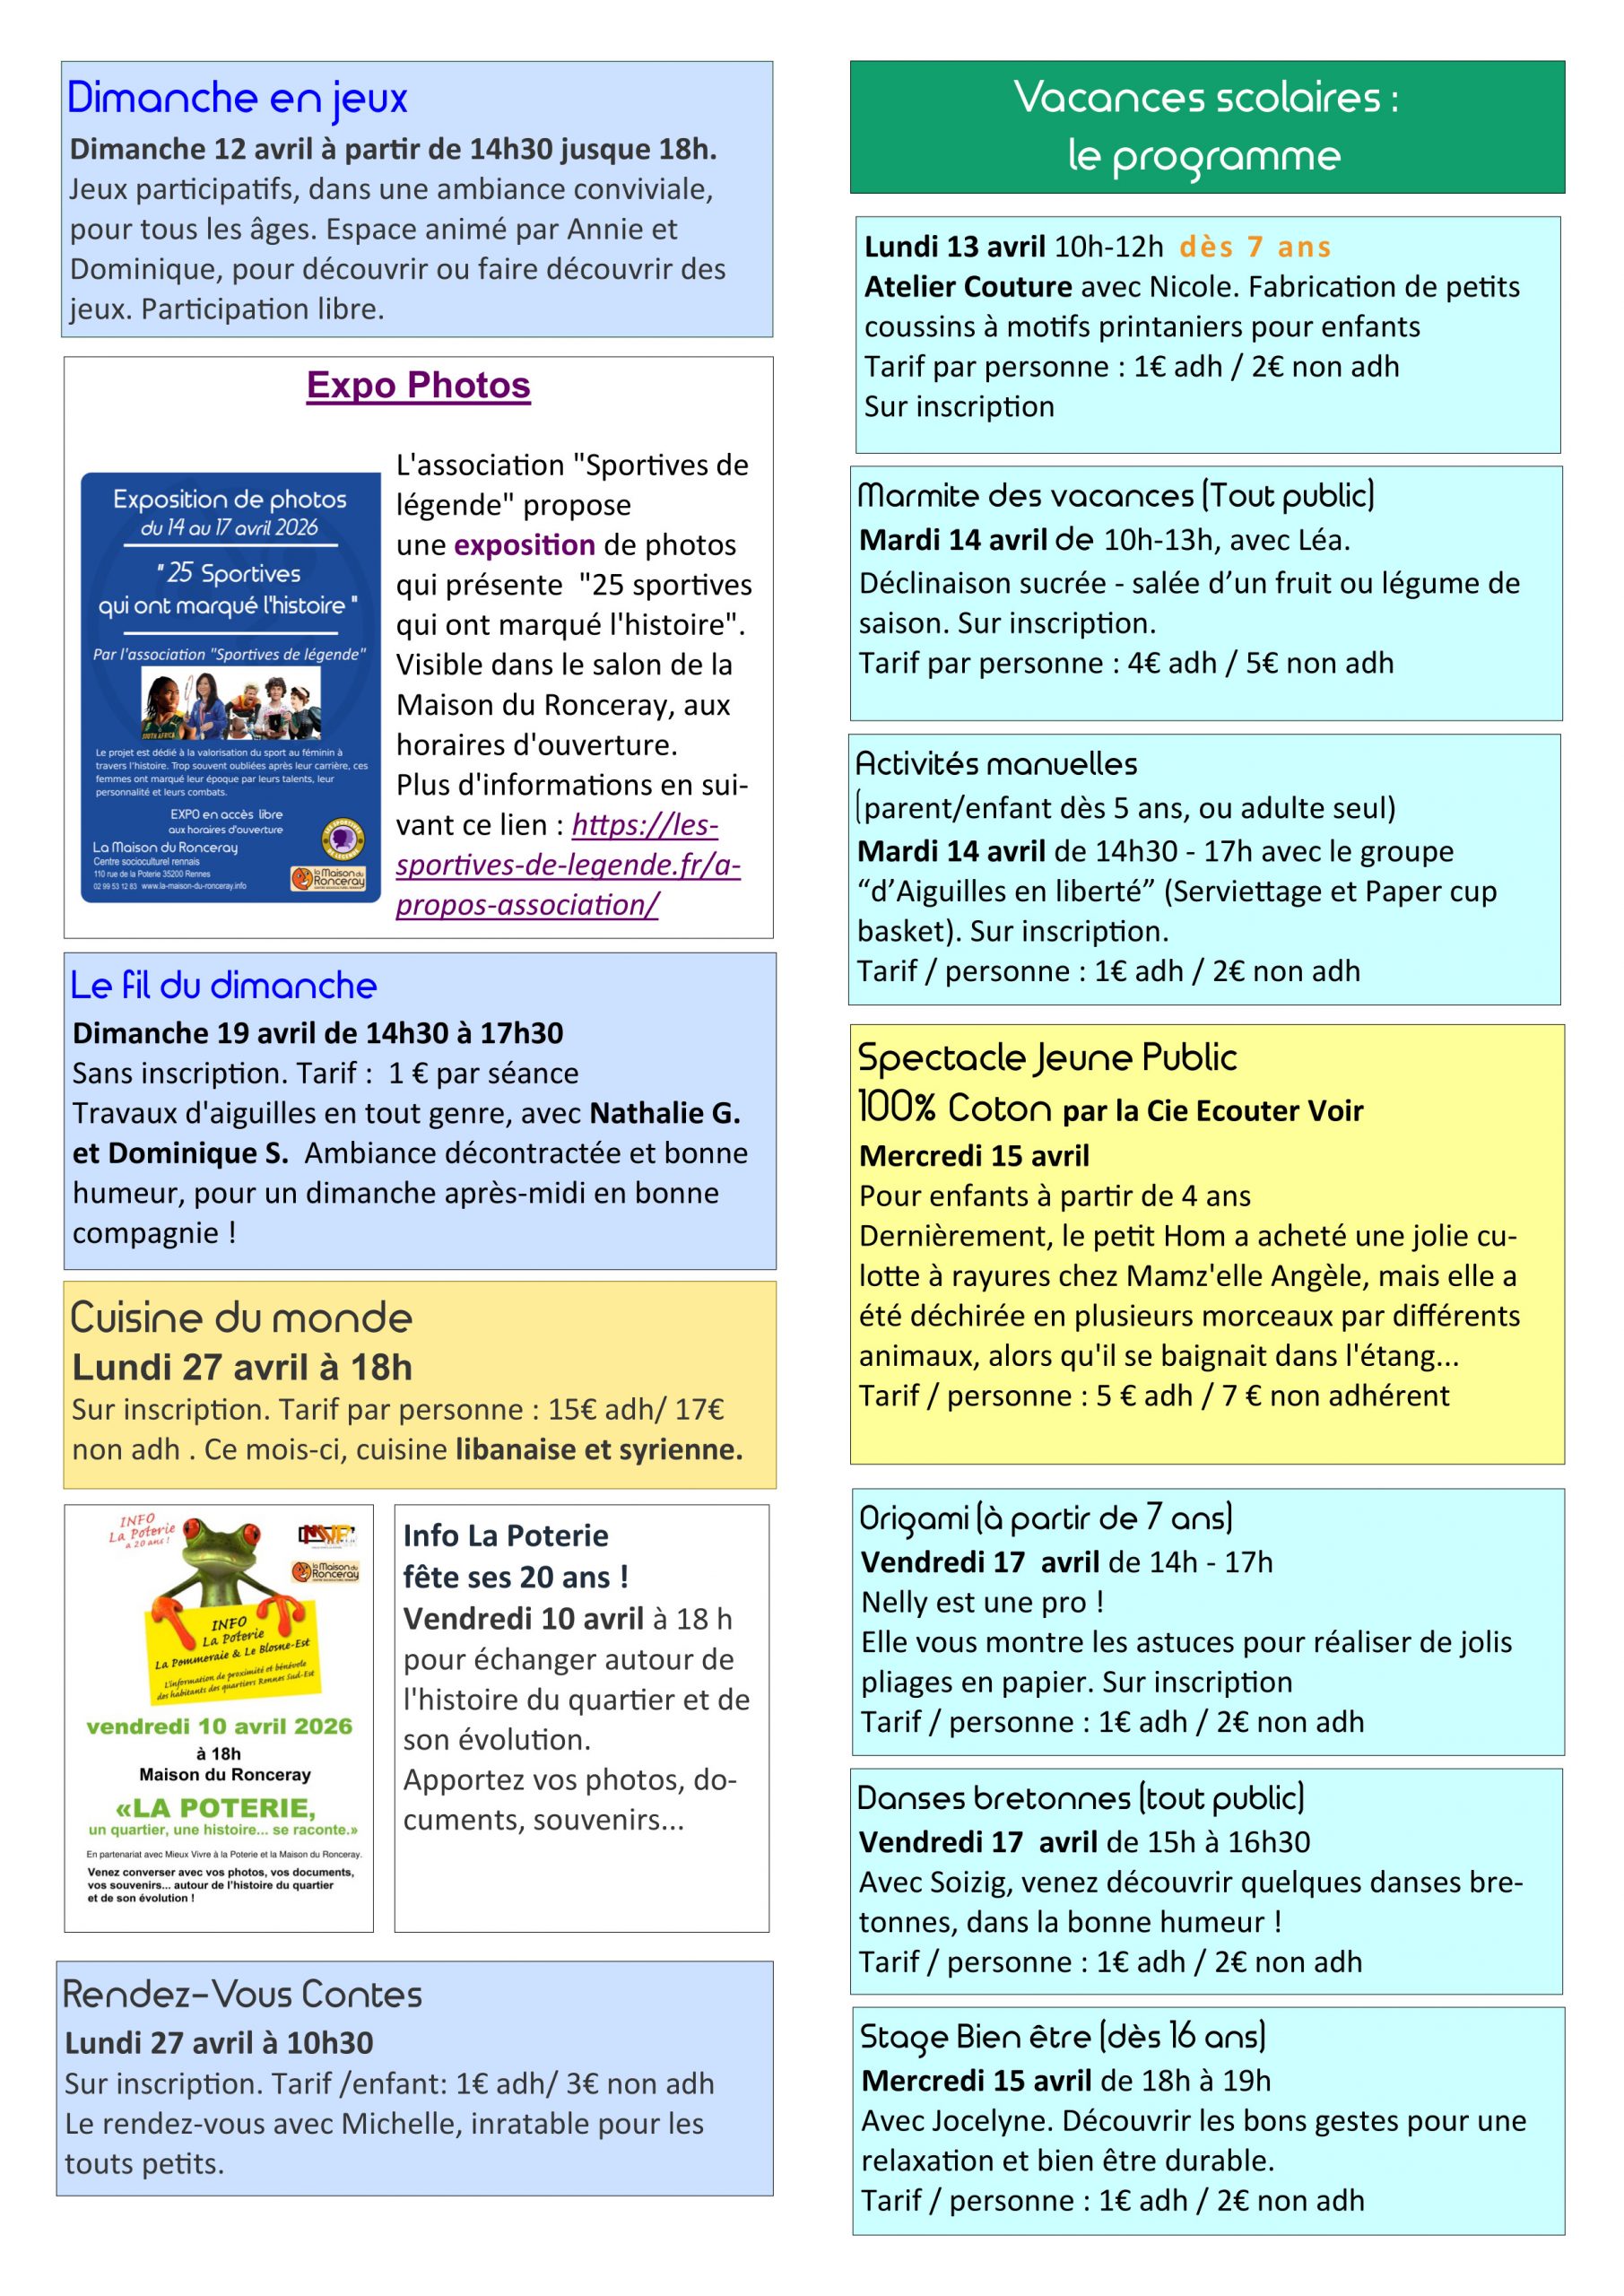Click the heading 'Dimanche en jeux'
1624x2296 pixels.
click(x=237, y=98)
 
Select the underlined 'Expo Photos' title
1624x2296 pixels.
click(x=418, y=385)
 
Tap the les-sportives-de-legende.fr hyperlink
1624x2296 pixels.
click(x=567, y=864)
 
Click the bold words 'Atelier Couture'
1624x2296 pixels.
click(x=967, y=287)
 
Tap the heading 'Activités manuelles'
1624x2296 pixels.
click(x=996, y=764)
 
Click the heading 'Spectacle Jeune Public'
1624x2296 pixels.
click(x=1047, y=1057)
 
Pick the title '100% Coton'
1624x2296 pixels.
click(x=954, y=1108)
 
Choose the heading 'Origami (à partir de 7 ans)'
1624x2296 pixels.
click(x=1045, y=1518)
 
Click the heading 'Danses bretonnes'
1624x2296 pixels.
click(x=1080, y=1798)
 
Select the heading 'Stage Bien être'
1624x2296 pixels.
click(x=1062, y=2036)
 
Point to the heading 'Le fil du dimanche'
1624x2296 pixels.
click(x=223, y=985)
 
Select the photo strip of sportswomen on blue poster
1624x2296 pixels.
click(x=231, y=701)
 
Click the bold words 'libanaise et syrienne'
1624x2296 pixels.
click(x=598, y=1449)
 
